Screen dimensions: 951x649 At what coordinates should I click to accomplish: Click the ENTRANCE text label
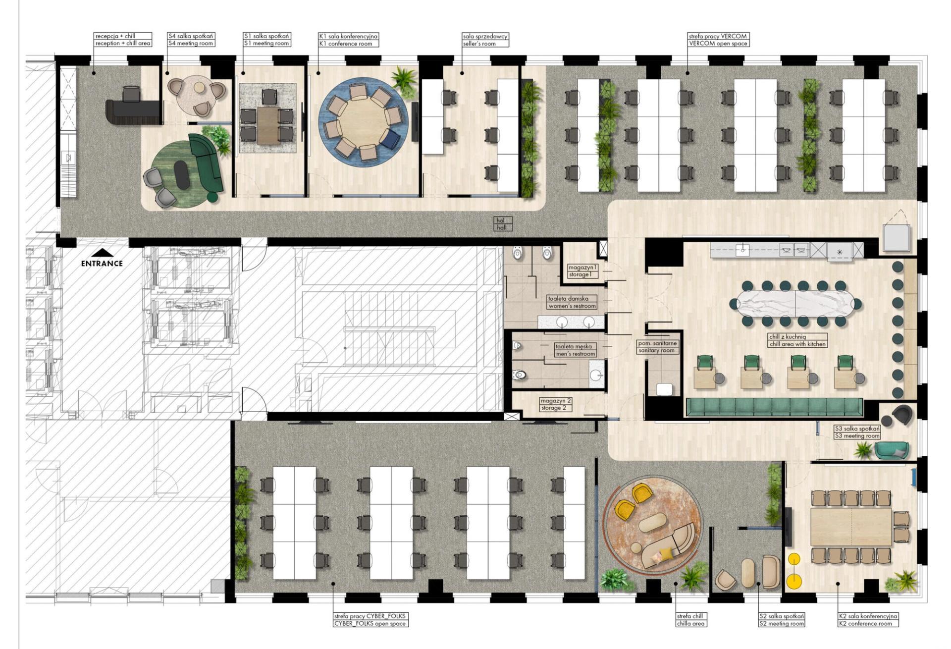(x=102, y=264)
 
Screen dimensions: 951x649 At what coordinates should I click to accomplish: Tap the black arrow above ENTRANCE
(x=102, y=253)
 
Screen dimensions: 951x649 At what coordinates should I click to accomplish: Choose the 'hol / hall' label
(x=502, y=224)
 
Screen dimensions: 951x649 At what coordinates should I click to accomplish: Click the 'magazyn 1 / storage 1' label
(x=582, y=271)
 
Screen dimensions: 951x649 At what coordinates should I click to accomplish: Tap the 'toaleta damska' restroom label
(x=568, y=299)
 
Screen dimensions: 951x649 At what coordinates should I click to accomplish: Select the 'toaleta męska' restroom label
(x=573, y=347)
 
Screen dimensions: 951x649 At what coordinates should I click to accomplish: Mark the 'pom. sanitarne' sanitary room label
(x=657, y=343)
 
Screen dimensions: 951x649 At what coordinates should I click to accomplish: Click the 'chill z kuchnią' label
(x=787, y=337)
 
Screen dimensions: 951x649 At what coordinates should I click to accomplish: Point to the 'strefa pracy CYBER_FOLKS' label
(x=370, y=616)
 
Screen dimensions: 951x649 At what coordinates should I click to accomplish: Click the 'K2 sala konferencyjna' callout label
(x=868, y=616)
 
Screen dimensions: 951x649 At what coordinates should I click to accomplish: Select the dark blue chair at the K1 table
(x=391, y=139)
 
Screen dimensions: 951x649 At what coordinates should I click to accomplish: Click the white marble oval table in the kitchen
(x=795, y=303)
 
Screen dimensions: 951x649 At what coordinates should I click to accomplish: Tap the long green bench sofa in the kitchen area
(x=774, y=407)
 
